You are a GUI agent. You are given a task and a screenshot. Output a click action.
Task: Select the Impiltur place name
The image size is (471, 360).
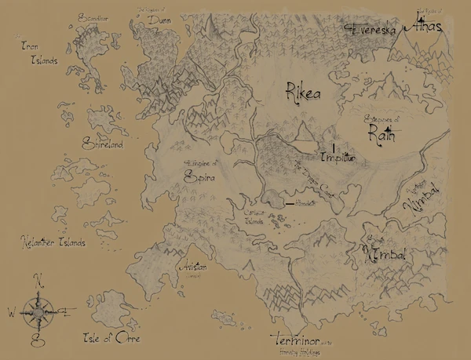tap(339, 158)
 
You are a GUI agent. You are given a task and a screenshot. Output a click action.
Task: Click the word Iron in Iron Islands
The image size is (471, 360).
tap(31, 47)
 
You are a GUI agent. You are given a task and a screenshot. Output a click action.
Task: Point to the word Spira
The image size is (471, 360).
tap(199, 177)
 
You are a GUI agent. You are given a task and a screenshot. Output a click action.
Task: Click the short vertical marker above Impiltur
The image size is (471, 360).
tap(334, 147)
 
